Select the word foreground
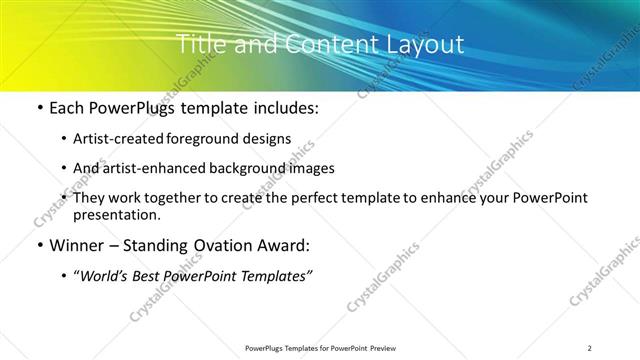(x=205, y=139)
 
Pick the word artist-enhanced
(x=151, y=169)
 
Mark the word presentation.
(x=116, y=215)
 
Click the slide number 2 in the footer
(x=590, y=348)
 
